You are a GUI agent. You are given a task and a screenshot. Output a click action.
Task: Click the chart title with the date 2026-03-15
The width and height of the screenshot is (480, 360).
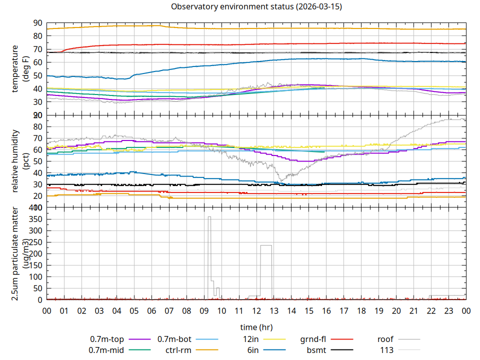click(x=256, y=6)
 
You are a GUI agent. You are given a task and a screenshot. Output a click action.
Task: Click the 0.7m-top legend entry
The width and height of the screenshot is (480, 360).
click(x=107, y=339)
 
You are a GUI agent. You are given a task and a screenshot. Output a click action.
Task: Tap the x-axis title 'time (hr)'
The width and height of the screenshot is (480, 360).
click(x=256, y=327)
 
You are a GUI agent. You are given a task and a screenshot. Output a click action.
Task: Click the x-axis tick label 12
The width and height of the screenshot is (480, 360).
click(x=256, y=310)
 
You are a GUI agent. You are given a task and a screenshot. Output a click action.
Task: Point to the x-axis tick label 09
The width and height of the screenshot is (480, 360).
click(x=204, y=310)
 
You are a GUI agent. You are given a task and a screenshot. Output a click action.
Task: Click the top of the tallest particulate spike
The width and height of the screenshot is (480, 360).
click(x=209, y=217)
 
